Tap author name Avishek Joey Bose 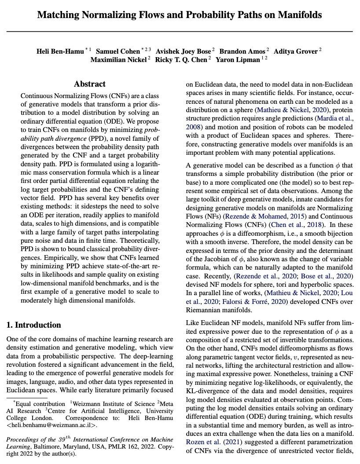point(184,51)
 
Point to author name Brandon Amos point(242,51)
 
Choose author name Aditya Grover point(296,51)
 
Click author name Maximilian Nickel point(118,60)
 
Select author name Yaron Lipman point(238,60)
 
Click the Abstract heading point(90,84)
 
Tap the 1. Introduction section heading point(34,325)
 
